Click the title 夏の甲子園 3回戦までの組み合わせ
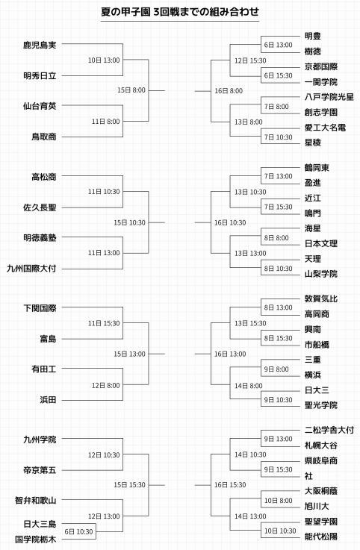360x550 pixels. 180,12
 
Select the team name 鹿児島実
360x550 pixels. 40,45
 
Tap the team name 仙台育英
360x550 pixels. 40,106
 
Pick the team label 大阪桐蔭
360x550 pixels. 320,491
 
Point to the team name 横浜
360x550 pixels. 313,375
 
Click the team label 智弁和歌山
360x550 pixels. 35,501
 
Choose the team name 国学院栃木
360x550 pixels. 35,539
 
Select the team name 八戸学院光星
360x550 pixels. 329,97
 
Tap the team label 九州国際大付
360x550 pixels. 31,269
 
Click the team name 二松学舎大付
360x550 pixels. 329,430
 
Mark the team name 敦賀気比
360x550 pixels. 320,299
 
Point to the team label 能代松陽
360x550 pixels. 320,537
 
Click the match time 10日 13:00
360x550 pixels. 104,60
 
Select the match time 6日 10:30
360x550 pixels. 78,532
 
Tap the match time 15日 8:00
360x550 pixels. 131,90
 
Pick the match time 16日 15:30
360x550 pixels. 230,485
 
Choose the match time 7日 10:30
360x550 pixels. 279,137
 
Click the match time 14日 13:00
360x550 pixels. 250,516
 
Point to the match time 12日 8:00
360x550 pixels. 106,386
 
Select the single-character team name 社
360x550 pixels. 308,476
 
